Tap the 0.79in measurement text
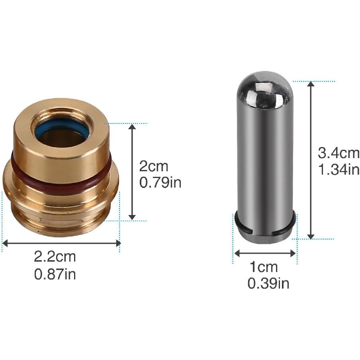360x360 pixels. (160, 183)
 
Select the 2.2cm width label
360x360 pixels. (55, 257)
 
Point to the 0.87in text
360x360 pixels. (55, 274)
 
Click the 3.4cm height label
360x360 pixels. (338, 153)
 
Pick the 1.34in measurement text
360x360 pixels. (339, 170)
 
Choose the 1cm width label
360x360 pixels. (264, 267)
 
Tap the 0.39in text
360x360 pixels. (268, 284)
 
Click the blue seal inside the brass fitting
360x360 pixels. (62, 133)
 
